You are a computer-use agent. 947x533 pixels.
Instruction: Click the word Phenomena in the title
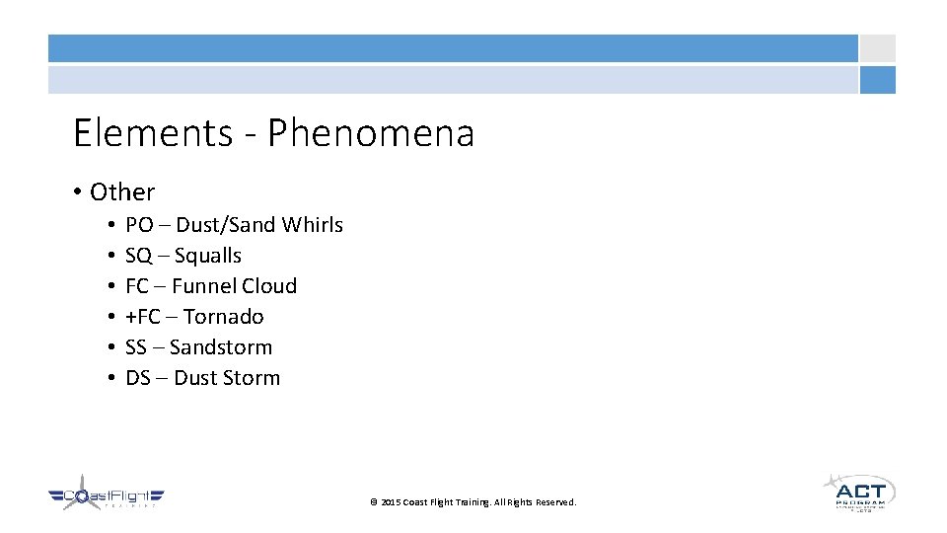pos(371,133)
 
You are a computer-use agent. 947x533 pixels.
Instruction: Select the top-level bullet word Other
pos(122,192)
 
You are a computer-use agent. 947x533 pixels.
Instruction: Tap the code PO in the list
pos(139,225)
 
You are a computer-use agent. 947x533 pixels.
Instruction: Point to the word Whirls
pos(312,225)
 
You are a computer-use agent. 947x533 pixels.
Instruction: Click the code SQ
pos(139,256)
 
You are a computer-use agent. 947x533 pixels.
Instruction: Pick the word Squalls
pos(208,256)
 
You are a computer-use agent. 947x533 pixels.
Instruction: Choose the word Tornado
pos(223,317)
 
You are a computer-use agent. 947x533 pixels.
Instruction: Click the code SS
pos(137,347)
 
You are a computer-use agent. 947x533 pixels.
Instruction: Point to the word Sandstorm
pos(221,347)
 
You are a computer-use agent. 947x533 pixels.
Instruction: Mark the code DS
pos(138,378)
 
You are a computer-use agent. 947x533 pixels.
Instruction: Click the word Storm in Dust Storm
pos(254,378)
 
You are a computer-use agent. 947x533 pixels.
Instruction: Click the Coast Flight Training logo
pos(106,495)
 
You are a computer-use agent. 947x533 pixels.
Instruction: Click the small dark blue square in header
pos(877,80)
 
